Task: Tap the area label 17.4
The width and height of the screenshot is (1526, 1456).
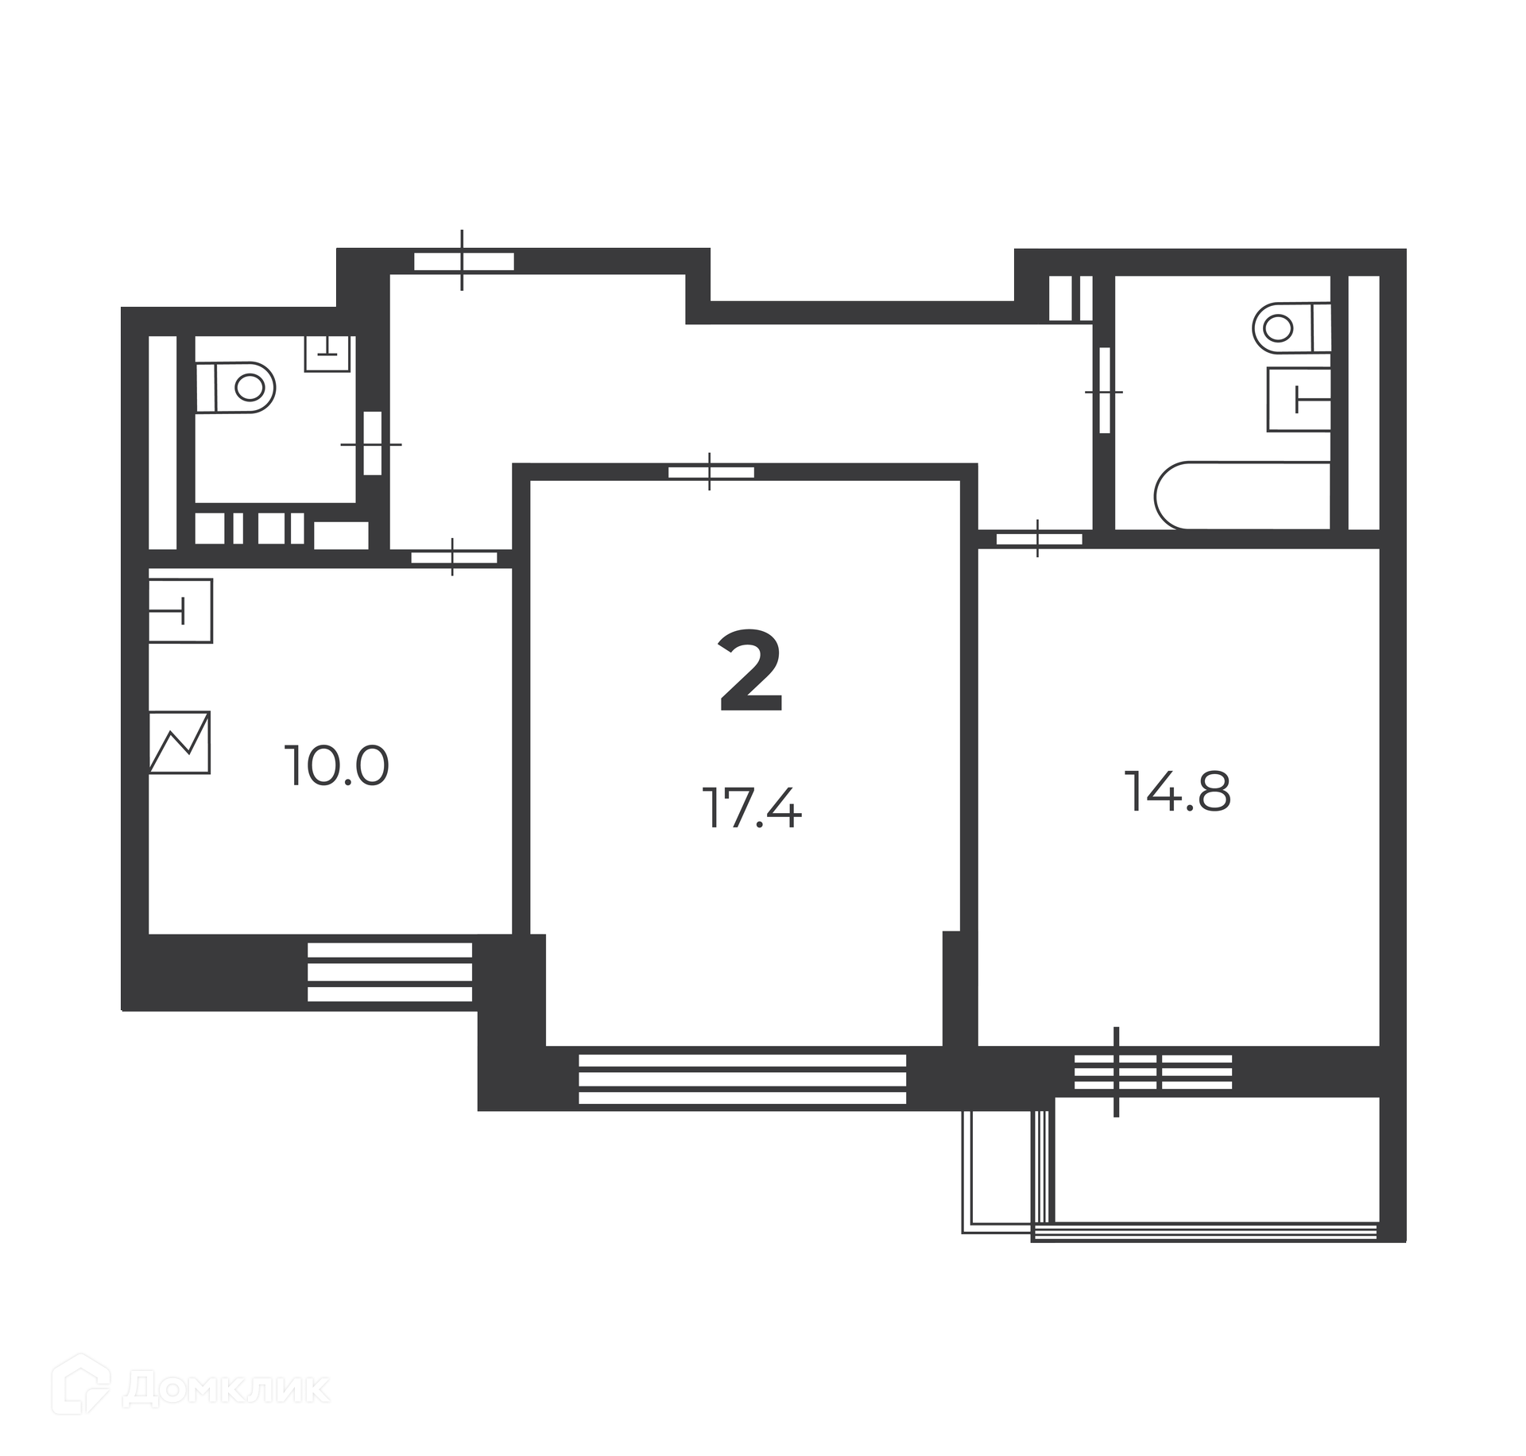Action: (752, 808)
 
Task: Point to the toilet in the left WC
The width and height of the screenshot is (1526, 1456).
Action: (235, 388)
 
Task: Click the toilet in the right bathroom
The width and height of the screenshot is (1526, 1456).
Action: (1292, 327)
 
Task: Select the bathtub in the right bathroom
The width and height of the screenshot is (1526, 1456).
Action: (1243, 495)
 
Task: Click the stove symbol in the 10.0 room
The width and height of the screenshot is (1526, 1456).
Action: (180, 742)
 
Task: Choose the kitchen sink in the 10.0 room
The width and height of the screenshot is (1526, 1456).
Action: (180, 611)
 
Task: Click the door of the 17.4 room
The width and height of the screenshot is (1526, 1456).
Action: (711, 472)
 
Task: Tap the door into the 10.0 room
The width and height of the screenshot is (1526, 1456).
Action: (454, 557)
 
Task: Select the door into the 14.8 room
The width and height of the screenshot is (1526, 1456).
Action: (1039, 538)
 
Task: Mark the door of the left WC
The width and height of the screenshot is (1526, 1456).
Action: (372, 443)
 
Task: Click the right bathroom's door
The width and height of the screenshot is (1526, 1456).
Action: (1104, 391)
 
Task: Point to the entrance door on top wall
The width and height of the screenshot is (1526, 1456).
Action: (463, 261)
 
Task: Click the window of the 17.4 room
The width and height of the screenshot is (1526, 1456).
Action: (742, 1078)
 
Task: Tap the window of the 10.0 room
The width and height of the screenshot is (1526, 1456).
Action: (389, 971)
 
